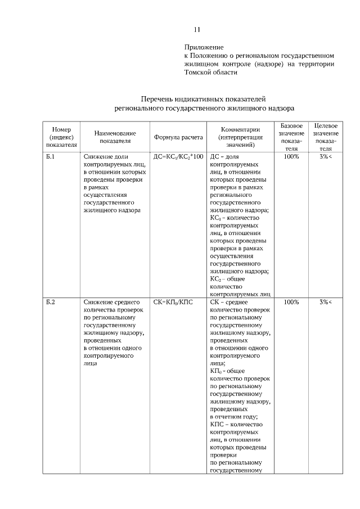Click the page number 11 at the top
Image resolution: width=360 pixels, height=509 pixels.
click(197, 30)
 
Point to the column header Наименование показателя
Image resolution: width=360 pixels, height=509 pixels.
click(115, 137)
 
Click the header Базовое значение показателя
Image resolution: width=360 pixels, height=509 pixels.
click(291, 137)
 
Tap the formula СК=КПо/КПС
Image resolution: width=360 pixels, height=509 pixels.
click(173, 302)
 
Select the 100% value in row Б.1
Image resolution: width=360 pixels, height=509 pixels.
click(291, 156)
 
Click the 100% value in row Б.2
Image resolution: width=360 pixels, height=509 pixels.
click(291, 302)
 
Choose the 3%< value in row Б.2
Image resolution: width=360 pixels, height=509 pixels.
click(326, 302)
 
